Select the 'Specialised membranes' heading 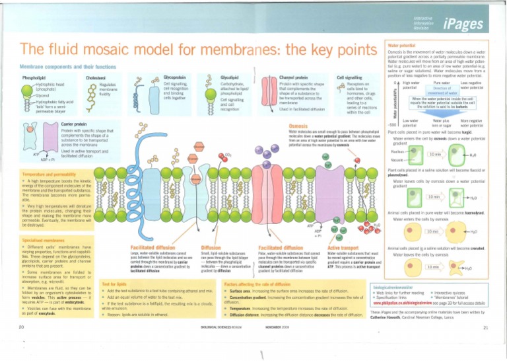click(x=44, y=239)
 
